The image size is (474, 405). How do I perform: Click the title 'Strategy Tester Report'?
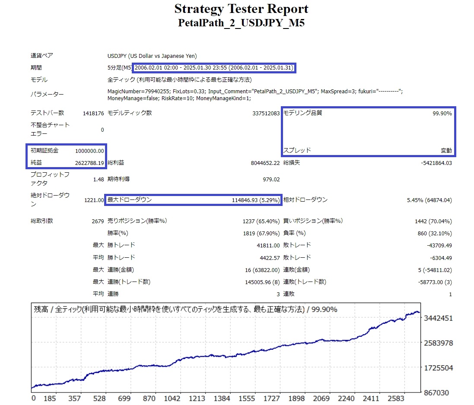(x=241, y=9)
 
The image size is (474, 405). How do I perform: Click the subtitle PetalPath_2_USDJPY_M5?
(x=241, y=23)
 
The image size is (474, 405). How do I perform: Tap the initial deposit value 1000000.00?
(x=89, y=151)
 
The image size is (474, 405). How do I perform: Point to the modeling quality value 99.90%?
(x=442, y=113)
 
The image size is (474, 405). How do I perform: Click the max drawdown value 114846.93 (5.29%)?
(x=255, y=200)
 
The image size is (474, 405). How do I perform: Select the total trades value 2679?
(x=98, y=221)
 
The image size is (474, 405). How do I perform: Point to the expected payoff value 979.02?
(x=271, y=179)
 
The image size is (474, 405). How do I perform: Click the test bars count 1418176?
(x=93, y=113)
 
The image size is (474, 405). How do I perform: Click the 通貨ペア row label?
(x=41, y=56)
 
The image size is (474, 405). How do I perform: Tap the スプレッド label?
(x=297, y=151)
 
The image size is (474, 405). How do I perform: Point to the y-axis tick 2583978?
(x=438, y=343)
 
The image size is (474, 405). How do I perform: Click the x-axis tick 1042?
(x=172, y=398)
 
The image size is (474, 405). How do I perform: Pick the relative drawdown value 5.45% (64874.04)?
(x=429, y=200)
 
